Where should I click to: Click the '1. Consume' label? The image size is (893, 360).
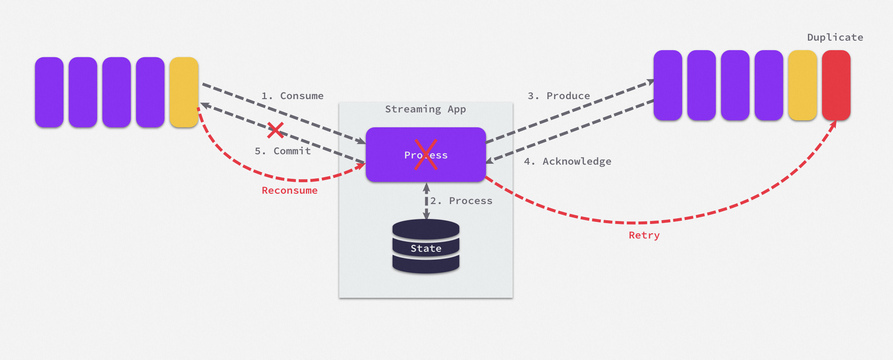293,96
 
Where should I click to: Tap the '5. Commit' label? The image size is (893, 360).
283,151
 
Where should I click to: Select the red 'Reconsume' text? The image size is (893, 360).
290,190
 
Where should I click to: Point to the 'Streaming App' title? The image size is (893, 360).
425,109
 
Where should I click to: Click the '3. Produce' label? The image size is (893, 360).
559,96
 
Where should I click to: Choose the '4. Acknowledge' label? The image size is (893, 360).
568,161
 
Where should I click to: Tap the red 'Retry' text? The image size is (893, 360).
644,235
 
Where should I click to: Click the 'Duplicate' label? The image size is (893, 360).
835,37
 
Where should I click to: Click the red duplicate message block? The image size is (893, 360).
836,85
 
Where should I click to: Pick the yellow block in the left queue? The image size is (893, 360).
184,92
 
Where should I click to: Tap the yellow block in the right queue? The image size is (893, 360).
803,85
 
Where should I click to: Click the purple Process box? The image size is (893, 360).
426,154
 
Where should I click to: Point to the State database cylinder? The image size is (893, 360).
426,246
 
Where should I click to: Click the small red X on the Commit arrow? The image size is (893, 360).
276,130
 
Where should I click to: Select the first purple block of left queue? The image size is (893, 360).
49,92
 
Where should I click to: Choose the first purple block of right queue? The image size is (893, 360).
668,85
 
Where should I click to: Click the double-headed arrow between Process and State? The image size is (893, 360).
426,201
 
